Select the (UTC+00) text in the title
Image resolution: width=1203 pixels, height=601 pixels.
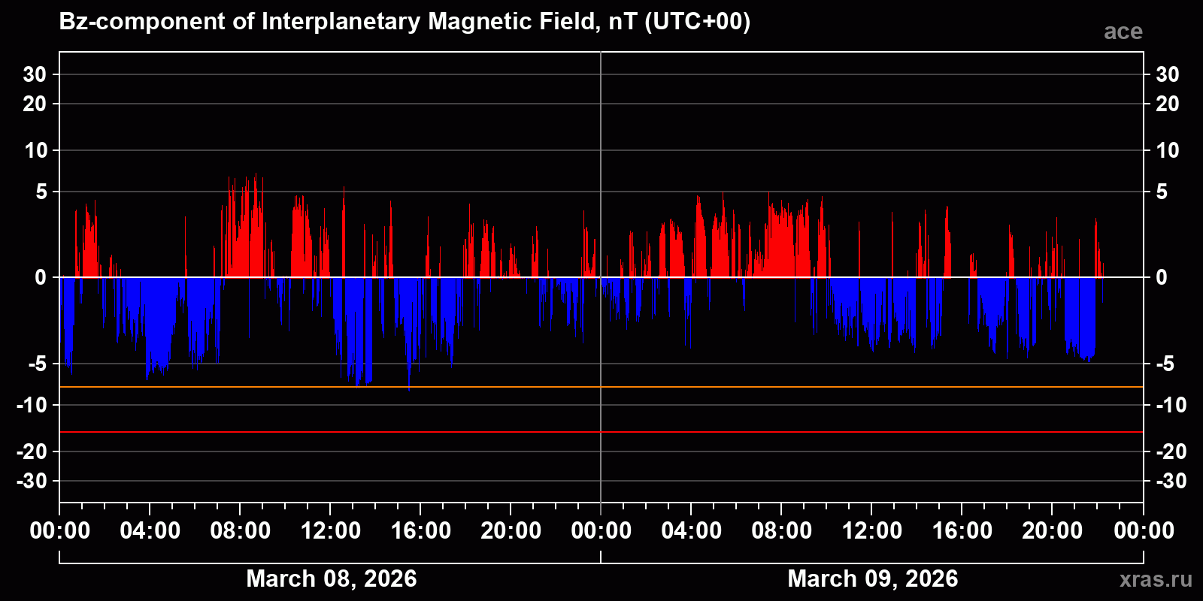tap(698, 22)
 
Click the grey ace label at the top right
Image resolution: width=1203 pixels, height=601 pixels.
tap(1123, 32)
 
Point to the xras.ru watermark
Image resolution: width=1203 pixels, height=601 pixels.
tap(1156, 579)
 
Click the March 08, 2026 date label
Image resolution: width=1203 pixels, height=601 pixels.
tap(331, 578)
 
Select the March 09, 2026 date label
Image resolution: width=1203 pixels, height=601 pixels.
tap(872, 578)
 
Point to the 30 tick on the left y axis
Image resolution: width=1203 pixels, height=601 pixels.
tap(35, 74)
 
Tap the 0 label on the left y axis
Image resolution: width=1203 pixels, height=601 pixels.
tap(41, 278)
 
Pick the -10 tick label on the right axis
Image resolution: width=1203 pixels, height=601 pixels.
tap(1171, 406)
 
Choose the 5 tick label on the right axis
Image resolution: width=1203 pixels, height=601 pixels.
tap(1162, 192)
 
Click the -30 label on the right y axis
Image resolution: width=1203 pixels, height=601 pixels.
tap(1171, 481)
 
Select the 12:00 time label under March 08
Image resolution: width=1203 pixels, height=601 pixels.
tap(331, 531)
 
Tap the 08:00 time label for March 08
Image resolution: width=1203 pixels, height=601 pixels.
tap(241, 531)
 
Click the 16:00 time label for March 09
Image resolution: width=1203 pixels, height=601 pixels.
tap(962, 531)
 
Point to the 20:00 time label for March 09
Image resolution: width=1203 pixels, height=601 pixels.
tap(1053, 531)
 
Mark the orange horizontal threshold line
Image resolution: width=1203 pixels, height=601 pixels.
tap(752, 387)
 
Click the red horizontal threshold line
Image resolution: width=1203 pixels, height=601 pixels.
tap(752, 432)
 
